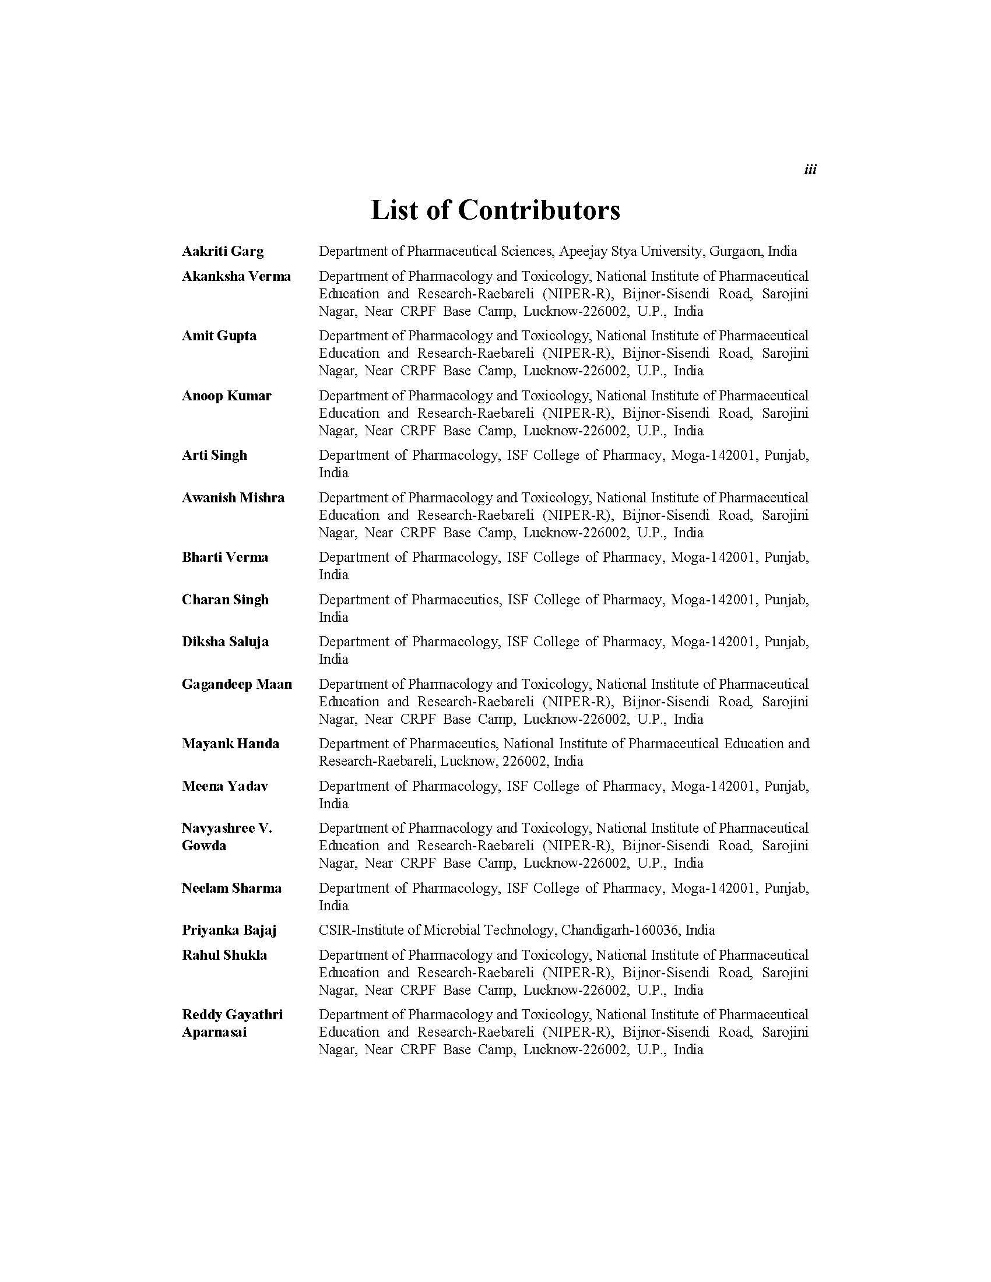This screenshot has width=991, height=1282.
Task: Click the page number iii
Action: pos(810,170)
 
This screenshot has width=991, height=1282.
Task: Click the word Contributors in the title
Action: pos(539,210)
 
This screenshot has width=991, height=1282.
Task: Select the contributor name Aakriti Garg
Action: pos(223,252)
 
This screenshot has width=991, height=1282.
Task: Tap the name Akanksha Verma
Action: pos(236,276)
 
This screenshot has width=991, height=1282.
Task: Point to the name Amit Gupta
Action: pos(219,336)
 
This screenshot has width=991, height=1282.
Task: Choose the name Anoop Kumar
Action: pos(227,396)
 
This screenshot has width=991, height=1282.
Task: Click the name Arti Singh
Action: pos(215,456)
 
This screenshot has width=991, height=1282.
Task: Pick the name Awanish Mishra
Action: pos(233,498)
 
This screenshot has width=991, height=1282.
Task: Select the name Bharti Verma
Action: pos(225,558)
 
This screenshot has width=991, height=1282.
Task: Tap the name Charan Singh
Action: pos(225,600)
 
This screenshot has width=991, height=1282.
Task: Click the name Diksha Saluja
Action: pos(225,642)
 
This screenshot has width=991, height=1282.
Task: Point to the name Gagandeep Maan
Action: pos(237,685)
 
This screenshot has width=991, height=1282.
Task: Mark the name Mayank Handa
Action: pos(230,744)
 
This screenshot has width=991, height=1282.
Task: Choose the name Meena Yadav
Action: pos(225,787)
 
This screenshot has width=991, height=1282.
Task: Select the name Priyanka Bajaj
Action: pos(229,931)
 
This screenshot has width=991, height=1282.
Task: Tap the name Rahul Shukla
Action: pos(224,956)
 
